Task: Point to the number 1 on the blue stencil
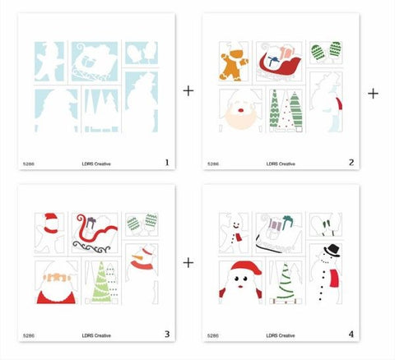166,163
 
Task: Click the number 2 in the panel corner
351,163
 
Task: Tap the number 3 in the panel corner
166,334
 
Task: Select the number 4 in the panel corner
351,334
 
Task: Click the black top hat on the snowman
330,250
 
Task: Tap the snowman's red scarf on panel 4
334,281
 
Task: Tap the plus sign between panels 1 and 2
188,90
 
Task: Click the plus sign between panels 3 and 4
188,262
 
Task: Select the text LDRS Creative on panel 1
97,164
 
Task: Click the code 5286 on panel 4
213,335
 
